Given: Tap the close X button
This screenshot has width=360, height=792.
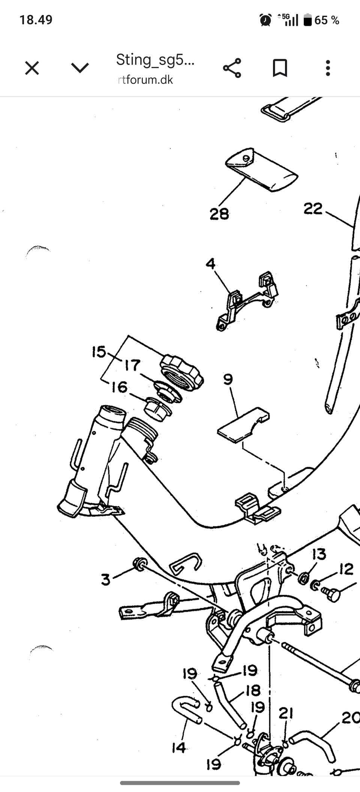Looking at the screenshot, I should click(32, 68).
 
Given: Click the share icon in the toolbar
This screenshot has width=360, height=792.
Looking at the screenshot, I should click(232, 68).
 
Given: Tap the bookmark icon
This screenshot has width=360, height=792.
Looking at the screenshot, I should click(280, 68).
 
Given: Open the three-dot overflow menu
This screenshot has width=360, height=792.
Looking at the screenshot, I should click(328, 68).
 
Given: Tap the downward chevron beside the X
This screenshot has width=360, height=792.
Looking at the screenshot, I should click(80, 68).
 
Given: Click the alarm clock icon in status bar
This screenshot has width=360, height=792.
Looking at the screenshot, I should click(265, 20).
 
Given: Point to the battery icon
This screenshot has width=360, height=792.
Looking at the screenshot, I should click(307, 20).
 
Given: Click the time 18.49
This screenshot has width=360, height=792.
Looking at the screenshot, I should click(36, 20).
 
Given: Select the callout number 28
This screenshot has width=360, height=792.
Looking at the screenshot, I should click(219, 214).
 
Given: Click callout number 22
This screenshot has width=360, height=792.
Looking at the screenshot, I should click(313, 208).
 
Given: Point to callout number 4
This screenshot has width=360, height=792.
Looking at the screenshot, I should click(211, 264).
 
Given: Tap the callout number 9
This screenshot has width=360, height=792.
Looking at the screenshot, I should click(228, 379).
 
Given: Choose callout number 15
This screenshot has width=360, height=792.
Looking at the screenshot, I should click(99, 352).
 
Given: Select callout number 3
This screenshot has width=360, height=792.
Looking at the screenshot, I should click(106, 579).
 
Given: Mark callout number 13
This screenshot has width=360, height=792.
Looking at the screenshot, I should click(319, 554).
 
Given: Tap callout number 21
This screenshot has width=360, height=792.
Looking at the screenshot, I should click(286, 713).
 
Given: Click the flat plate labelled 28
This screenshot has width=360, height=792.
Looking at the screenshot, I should click(262, 169).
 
